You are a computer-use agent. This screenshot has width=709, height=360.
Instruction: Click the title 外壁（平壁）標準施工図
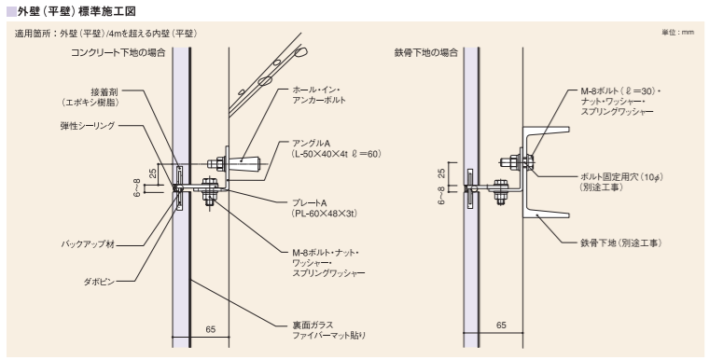(x=76, y=11)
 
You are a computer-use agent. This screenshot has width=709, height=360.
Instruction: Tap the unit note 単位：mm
(x=678, y=32)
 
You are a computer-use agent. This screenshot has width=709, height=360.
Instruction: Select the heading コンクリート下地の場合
(x=118, y=52)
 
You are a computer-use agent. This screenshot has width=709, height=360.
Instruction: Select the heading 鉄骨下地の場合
(x=426, y=52)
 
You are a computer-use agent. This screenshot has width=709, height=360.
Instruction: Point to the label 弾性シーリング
(x=88, y=126)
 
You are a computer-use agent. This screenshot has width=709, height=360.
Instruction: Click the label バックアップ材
(x=88, y=244)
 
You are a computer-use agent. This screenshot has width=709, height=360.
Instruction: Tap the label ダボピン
(x=99, y=282)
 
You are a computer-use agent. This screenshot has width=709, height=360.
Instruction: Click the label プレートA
(x=310, y=203)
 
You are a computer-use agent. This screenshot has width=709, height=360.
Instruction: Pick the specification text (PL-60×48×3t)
(x=325, y=213)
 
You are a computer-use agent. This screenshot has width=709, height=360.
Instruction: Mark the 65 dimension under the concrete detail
(x=211, y=329)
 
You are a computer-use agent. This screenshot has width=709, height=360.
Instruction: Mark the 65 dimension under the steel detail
(x=501, y=325)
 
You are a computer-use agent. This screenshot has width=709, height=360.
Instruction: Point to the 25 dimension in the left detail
(x=153, y=173)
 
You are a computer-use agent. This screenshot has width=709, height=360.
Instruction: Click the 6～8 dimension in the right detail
(x=442, y=195)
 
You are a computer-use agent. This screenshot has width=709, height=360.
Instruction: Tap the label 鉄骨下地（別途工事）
(x=621, y=243)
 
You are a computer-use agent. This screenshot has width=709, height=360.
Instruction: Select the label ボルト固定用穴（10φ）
(x=621, y=177)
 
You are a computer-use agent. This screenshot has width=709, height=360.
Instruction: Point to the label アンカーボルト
(x=319, y=100)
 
